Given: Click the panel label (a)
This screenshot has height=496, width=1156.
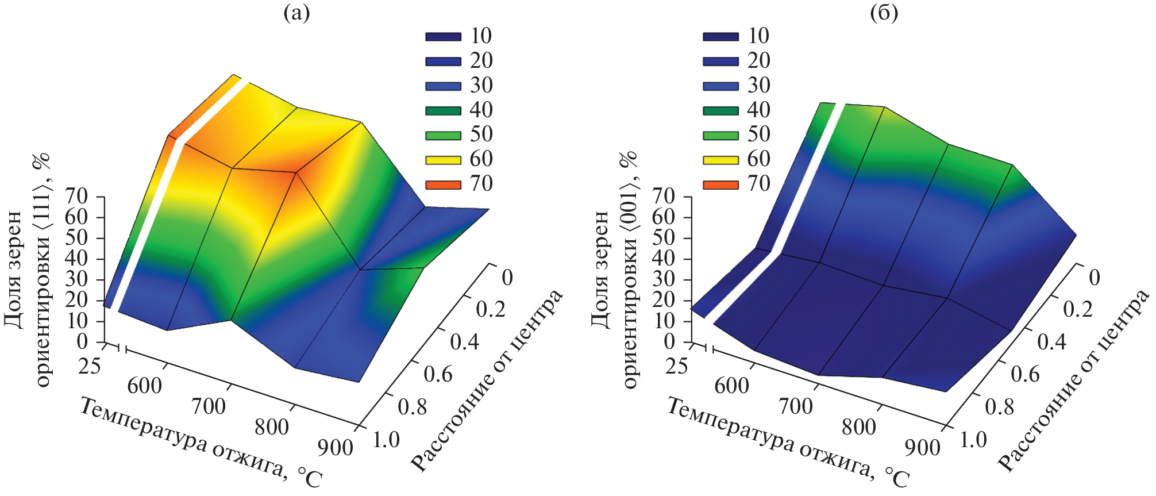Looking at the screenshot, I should pyautogui.click(x=296, y=13).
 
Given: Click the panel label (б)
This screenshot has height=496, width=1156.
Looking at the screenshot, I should pyautogui.click(x=884, y=13).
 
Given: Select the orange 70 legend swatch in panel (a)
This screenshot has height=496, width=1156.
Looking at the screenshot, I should pyautogui.click(x=443, y=184).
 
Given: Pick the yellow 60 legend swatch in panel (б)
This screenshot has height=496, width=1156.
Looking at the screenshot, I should pyautogui.click(x=720, y=160).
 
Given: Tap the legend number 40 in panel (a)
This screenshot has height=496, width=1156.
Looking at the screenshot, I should pyautogui.click(x=481, y=110).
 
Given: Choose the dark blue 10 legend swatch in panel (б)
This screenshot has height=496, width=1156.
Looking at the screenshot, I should pyautogui.click(x=720, y=36).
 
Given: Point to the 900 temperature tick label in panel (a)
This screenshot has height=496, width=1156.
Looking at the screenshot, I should pyautogui.click(x=335, y=447).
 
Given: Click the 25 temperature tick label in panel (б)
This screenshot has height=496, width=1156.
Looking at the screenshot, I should pyautogui.click(x=676, y=366).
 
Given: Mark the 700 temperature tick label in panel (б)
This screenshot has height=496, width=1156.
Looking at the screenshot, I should pyautogui.click(x=796, y=406).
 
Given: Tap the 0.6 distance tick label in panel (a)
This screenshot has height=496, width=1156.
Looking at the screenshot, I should pyautogui.click(x=438, y=374).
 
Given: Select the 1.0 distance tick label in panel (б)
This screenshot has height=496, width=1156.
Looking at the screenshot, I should pyautogui.click(x=973, y=440).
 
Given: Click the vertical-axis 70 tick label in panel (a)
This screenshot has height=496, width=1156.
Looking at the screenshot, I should pyautogui.click(x=76, y=197).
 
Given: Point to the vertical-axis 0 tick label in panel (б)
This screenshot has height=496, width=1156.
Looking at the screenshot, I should pyautogui.click(x=669, y=342).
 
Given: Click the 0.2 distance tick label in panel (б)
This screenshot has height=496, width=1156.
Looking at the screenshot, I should pyautogui.click(x=1078, y=309).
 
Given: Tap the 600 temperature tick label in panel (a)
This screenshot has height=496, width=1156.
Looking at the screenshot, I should pyautogui.click(x=145, y=386).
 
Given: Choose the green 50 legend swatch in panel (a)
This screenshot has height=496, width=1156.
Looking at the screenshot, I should pyautogui.click(x=443, y=136).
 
